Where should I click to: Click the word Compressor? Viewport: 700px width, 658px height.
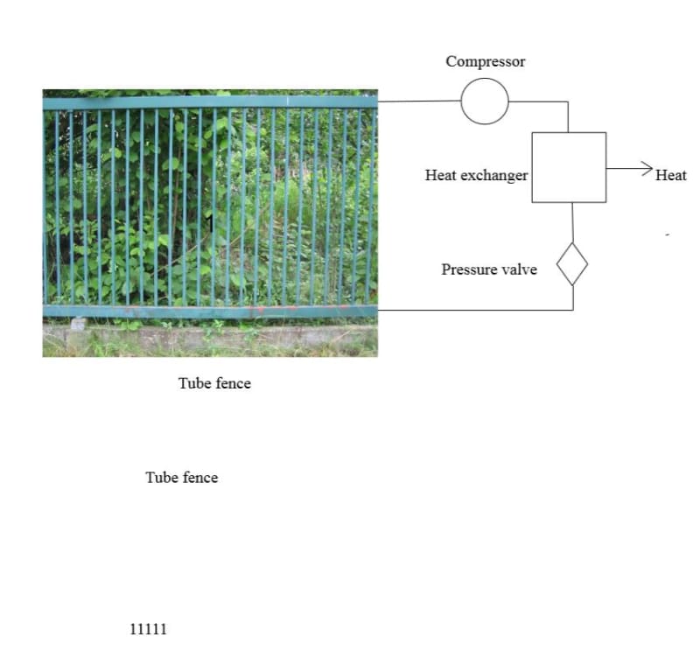pos(485,62)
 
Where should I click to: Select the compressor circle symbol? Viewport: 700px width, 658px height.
pos(485,101)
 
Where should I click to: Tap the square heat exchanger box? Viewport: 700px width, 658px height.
pos(569,167)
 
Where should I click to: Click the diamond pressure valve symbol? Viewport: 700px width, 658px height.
pos(572,263)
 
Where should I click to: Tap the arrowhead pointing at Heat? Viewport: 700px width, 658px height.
pos(647,167)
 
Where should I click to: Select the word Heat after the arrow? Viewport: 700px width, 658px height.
pos(671,175)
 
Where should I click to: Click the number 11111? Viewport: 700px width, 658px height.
pos(148,629)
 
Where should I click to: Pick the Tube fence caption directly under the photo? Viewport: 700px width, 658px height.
pos(214,383)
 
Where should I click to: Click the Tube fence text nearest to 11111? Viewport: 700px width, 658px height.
pos(181,478)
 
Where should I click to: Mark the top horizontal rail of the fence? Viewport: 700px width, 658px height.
pos(210,102)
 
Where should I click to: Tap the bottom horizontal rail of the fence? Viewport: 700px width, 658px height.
pos(210,311)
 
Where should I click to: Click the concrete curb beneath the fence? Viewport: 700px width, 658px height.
pos(210,336)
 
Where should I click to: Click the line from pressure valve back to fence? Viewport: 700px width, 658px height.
pos(472,310)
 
